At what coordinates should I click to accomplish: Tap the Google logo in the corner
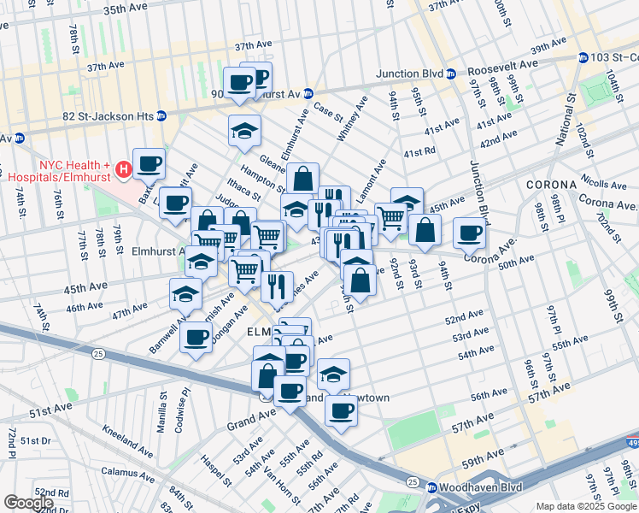point(28,503)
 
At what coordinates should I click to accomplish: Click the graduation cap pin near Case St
point(244,130)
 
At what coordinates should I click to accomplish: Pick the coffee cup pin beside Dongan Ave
point(196,336)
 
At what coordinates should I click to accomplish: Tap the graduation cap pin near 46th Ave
point(186,294)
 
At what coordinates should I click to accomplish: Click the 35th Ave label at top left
point(126,9)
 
